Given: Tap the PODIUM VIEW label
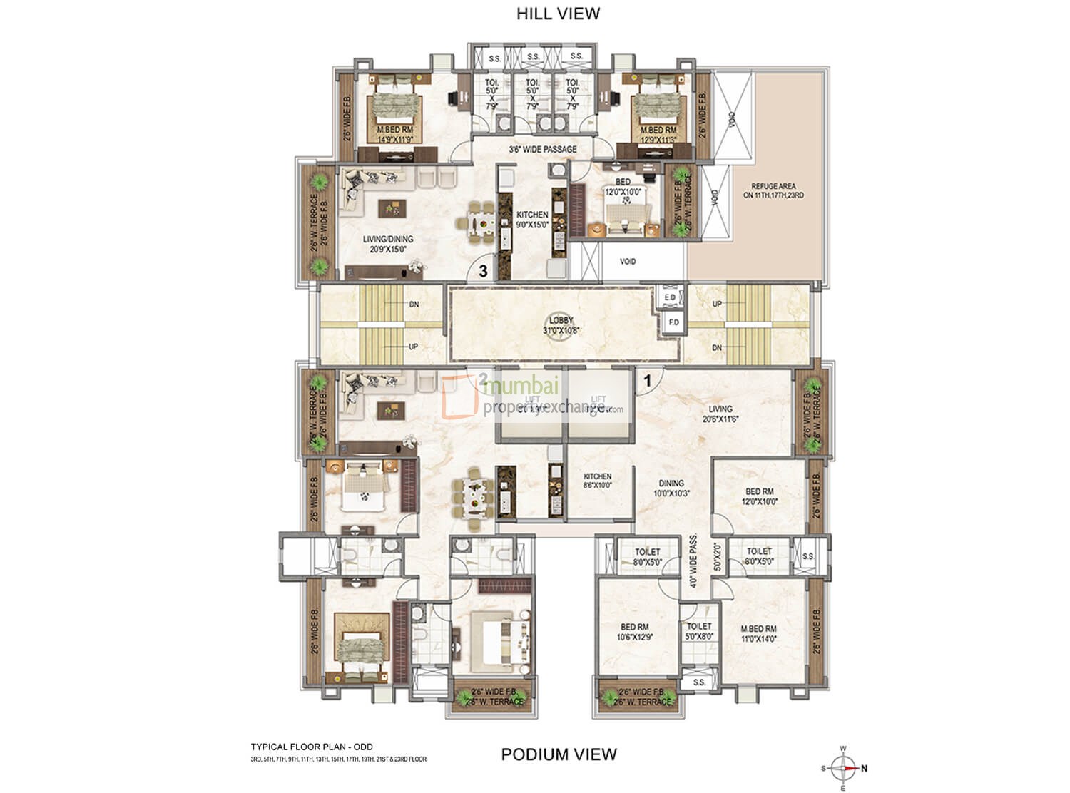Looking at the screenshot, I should point(559,754).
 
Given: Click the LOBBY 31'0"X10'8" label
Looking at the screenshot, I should point(561,325).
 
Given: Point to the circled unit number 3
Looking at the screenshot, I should point(483,271).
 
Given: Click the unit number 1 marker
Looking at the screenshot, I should point(647,381).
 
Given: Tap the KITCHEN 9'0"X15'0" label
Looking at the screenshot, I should point(532,219).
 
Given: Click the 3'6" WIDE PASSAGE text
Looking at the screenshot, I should point(542,150).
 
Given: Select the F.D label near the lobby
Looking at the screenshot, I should point(673,322).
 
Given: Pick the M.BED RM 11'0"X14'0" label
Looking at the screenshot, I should point(758,633).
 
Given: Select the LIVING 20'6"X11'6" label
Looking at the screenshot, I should point(720,414).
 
